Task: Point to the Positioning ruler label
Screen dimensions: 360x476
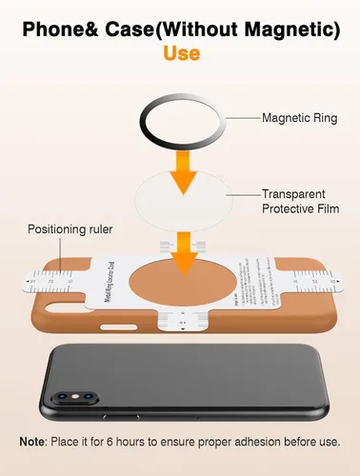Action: (x=69, y=229)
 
